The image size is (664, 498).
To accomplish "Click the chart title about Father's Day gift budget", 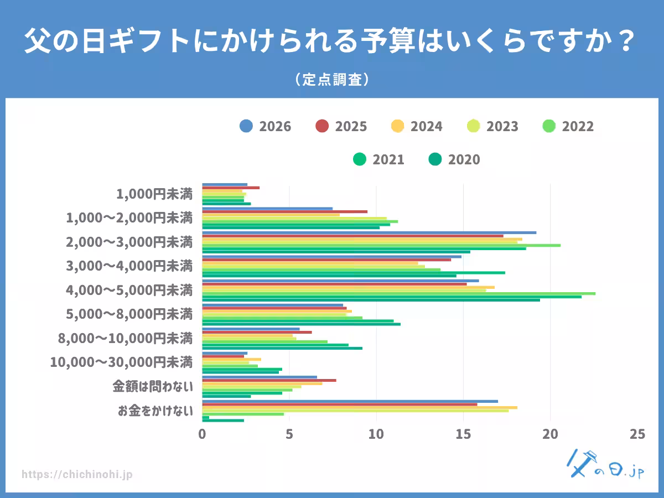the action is (330, 40).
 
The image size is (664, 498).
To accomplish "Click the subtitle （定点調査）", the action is (332, 80).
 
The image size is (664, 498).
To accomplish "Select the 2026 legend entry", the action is (265, 126).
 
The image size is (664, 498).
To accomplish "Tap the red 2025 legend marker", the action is (322, 126).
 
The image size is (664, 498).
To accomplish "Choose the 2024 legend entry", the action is (417, 126).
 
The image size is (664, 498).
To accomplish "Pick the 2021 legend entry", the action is (378, 159).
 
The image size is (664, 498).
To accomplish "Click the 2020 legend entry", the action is (454, 159).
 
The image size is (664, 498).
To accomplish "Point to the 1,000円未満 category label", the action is (154, 194).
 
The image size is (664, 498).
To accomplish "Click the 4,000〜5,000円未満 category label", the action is (129, 290).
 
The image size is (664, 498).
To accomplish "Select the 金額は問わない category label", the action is (153, 386).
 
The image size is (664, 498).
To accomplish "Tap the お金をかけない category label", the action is (155, 411).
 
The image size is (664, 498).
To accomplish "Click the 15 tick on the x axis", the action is (463, 434).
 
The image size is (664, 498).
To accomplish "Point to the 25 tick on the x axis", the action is (637, 434).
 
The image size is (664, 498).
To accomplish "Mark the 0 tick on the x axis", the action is (202, 434).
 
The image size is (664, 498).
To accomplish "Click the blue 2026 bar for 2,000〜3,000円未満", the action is (369, 232).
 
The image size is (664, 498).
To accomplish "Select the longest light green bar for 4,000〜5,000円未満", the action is (399, 294).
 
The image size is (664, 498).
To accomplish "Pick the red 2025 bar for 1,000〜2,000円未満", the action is (284, 212).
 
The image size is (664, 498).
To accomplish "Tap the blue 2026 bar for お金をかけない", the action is (350, 401).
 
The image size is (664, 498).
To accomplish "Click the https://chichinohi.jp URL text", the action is (77, 474).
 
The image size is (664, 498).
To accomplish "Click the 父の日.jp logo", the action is (605, 464).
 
